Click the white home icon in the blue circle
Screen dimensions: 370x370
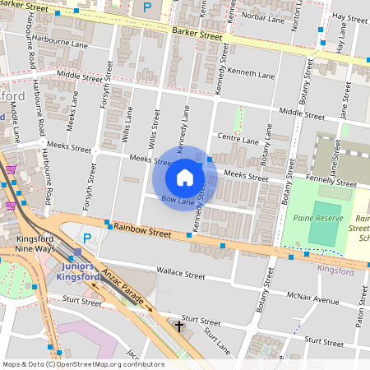coord(185,178)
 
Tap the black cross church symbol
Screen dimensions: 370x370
coord(179,326)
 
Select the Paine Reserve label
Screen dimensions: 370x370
coord(316,218)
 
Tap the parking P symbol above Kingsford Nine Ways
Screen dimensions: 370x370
coord(86,238)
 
